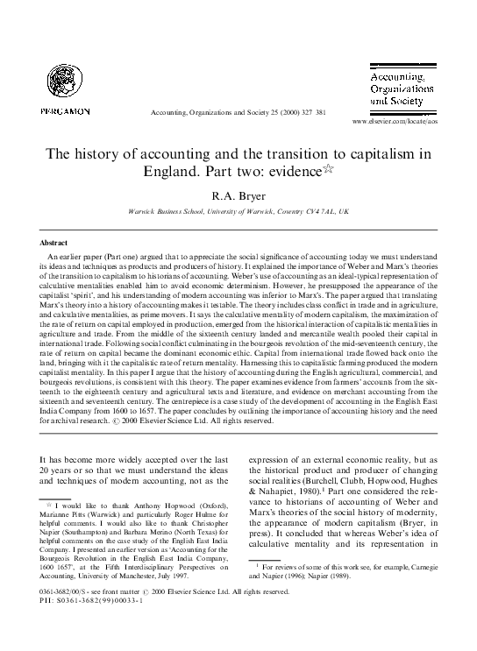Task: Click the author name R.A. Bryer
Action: [238, 195]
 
